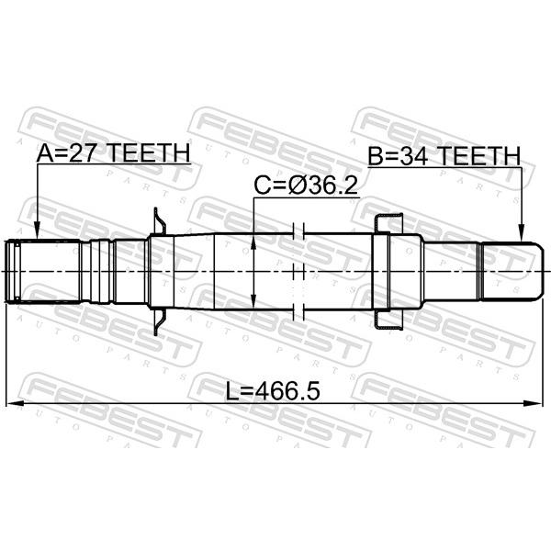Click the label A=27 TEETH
tap(114, 152)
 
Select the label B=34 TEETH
tap(444, 156)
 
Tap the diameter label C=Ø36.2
tap(306, 186)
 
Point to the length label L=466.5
tap(273, 391)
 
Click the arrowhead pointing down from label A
tap(37, 232)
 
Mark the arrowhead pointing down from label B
tap(523, 233)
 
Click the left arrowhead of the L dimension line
tap(15, 403)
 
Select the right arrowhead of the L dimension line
tap(534, 403)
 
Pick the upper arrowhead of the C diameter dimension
tap(253, 242)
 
